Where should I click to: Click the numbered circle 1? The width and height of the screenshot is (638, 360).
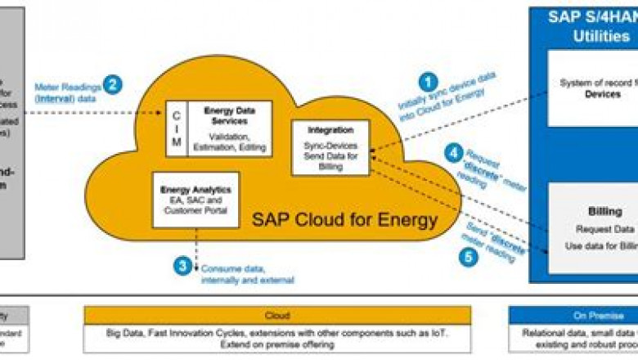pos(427,82)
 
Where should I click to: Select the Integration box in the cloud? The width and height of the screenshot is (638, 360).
pos(330,147)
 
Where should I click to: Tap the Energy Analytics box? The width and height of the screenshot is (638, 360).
pos(196,200)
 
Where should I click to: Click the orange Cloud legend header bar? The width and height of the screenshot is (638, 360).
pos(276,314)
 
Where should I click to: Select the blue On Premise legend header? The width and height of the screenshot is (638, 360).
pos(573,314)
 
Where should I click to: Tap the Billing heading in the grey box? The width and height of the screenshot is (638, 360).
pos(605,212)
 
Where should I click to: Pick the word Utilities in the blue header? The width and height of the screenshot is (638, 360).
pos(601,37)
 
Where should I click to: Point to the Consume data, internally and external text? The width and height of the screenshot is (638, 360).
pos(237,273)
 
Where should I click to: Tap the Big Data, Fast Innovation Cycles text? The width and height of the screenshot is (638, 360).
pos(276,334)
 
